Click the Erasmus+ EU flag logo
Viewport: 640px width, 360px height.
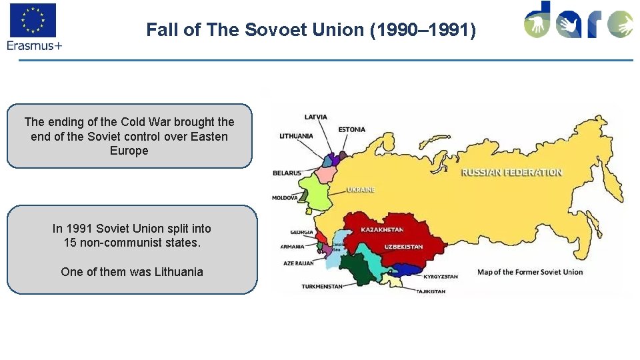(x=32, y=20)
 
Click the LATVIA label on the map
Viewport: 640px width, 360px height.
(x=315, y=117)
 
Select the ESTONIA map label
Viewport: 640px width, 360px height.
(x=351, y=129)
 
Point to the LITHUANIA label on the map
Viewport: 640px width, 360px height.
(x=296, y=136)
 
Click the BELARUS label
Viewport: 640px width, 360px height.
(x=287, y=173)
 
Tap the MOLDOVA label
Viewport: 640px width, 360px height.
(x=285, y=198)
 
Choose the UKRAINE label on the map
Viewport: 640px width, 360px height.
(x=361, y=190)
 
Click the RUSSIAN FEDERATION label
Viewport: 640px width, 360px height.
(x=512, y=172)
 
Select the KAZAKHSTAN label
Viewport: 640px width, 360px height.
(x=382, y=230)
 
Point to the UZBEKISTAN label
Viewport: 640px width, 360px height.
(x=403, y=247)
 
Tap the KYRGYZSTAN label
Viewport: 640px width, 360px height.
(x=441, y=276)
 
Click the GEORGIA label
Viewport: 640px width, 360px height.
(x=301, y=233)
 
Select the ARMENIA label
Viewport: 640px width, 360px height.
(x=292, y=247)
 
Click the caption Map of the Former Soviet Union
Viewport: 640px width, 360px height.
(x=530, y=272)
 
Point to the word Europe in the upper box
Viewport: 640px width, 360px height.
(x=129, y=151)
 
